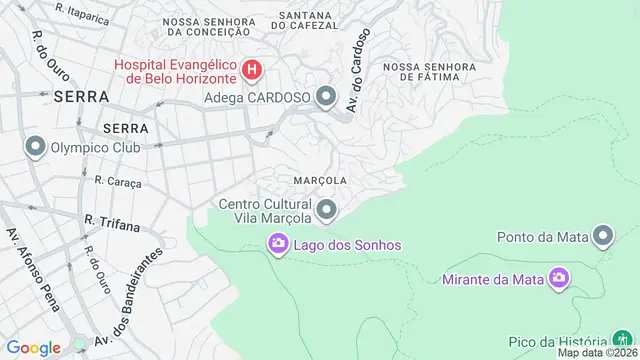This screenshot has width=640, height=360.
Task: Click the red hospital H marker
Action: point(253,70)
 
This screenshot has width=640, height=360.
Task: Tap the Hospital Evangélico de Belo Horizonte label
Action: point(175,71)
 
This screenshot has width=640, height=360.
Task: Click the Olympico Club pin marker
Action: point(36,148)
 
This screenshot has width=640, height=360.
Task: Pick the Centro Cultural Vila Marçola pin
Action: point(326,210)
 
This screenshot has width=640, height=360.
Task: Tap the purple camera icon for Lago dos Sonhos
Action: point(278,244)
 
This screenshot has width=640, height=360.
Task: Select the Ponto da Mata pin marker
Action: point(603,237)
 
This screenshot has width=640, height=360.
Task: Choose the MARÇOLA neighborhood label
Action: point(321,180)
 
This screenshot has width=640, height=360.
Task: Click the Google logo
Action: point(33,348)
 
